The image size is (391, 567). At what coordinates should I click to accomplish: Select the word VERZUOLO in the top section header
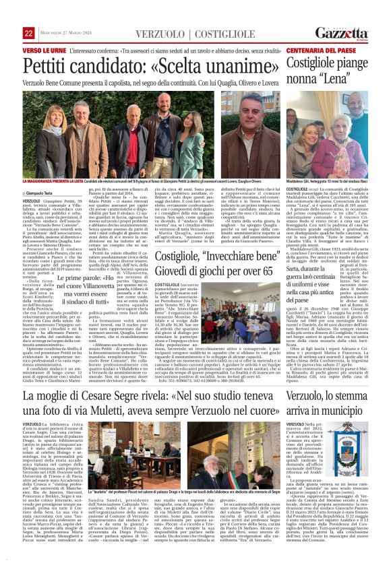pyautogui.click(x=158, y=34)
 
